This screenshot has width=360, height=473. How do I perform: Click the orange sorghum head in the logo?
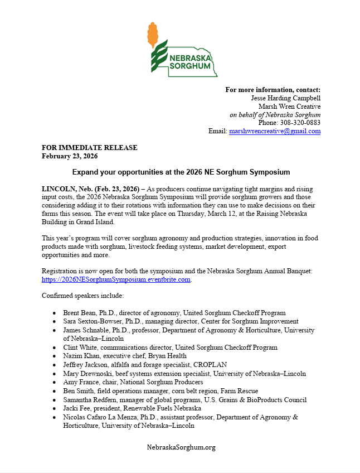152,35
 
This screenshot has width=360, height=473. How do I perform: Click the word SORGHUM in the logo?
190,66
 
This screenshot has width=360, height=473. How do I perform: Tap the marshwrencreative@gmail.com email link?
275,131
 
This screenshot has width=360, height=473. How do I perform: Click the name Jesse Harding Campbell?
286,98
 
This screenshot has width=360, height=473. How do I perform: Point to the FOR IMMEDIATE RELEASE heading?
89,148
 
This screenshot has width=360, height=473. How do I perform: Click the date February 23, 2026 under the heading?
70,156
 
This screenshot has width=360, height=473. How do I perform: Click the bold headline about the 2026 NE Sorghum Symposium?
181,172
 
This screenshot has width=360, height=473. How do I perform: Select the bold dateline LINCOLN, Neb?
74,189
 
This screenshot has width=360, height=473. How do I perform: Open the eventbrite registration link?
116,279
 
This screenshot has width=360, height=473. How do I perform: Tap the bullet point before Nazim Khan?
53,356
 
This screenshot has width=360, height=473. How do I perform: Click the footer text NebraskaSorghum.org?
181,447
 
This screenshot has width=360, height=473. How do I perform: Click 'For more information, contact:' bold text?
273,90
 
